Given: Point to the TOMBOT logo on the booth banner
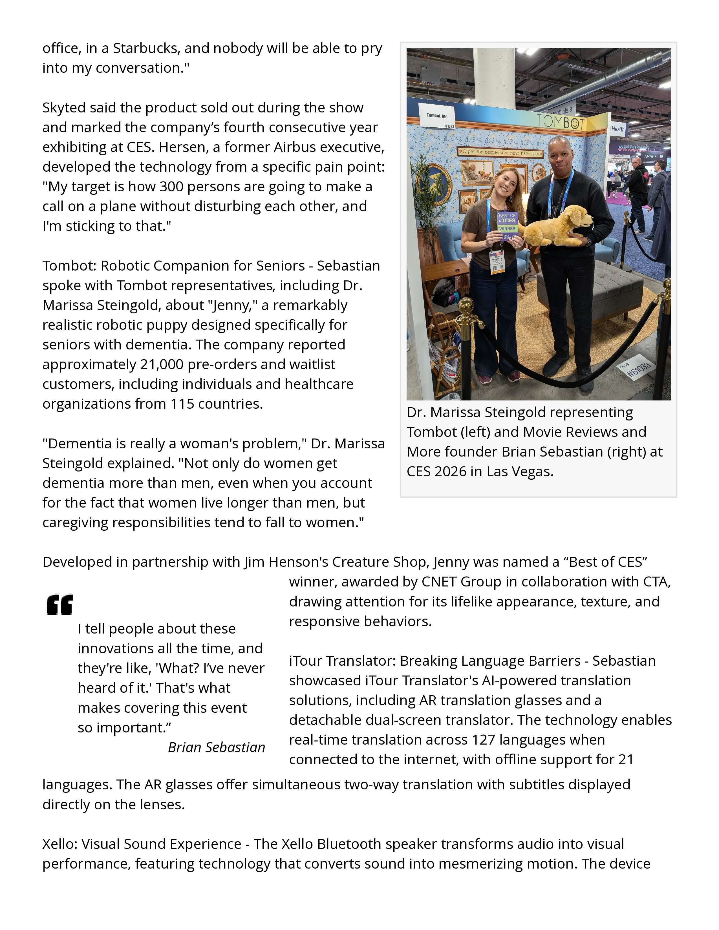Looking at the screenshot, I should click(561, 122).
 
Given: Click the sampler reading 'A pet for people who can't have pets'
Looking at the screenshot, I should click(500, 152).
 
